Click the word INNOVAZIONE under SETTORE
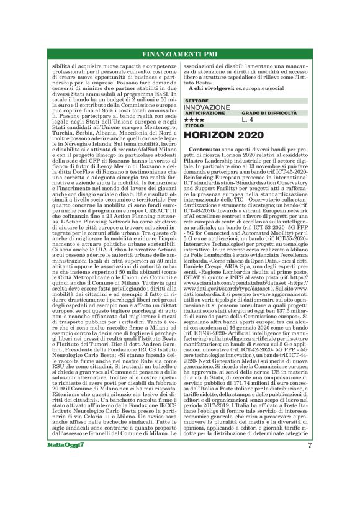(207, 107)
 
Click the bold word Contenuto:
(207, 150)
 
